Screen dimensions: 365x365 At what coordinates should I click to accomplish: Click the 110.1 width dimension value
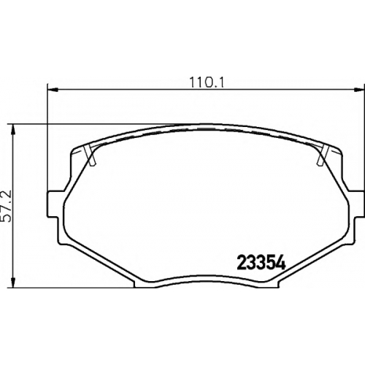tap(207, 82)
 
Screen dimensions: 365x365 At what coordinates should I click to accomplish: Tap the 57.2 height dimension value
tap(6, 206)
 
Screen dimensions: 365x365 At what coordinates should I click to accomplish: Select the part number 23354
tap(261, 263)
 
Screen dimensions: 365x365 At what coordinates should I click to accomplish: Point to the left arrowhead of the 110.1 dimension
tap(52, 90)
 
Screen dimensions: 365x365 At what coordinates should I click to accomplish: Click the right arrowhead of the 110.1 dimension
tap(359, 90)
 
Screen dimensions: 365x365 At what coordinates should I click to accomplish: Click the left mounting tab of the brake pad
tap(53, 204)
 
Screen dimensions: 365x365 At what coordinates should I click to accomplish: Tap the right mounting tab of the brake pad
tap(358, 204)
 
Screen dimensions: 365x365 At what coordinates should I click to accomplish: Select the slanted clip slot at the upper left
tap(90, 155)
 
